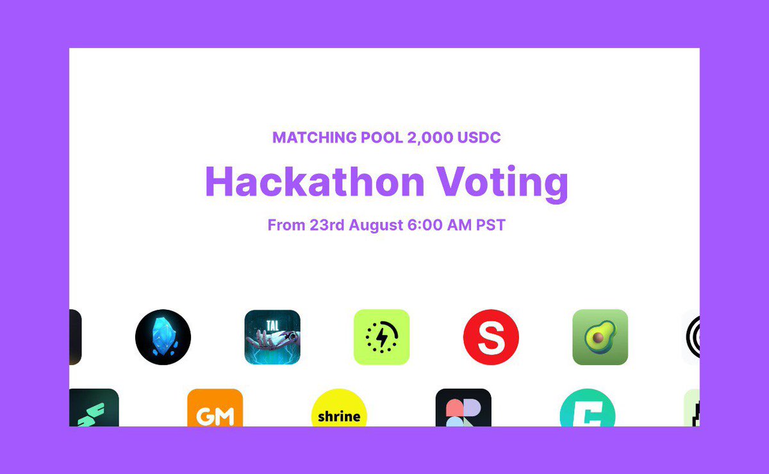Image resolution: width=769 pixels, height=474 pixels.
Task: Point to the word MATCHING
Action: point(306,137)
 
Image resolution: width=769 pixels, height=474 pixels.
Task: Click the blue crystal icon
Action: point(163,337)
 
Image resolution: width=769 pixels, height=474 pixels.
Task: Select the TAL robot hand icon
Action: point(272,337)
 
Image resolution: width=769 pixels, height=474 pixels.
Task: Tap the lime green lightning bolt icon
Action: point(381,337)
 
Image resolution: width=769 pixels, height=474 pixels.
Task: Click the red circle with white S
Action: point(491,337)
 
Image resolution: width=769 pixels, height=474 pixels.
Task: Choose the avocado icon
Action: point(600,337)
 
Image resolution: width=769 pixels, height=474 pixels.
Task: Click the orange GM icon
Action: point(215,409)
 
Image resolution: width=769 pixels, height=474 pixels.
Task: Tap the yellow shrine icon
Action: point(339,411)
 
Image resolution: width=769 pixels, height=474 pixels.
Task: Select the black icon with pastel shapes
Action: point(463,409)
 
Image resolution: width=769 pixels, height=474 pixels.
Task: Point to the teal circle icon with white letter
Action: point(587,411)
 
